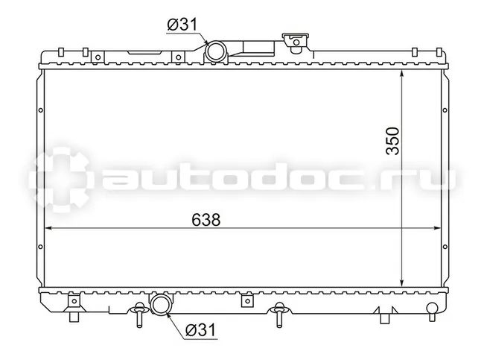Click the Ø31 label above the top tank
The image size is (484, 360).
coord(182,25)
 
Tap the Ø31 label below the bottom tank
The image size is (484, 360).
coord(200,330)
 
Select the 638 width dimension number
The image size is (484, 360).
coord(206,220)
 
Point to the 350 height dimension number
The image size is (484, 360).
coord(392,141)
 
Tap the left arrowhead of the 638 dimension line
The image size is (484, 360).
coord(48,228)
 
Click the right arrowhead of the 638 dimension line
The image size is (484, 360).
coord(437,228)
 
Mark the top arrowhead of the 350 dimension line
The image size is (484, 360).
coord(401,74)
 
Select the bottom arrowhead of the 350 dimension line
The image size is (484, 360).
coord(401,282)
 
